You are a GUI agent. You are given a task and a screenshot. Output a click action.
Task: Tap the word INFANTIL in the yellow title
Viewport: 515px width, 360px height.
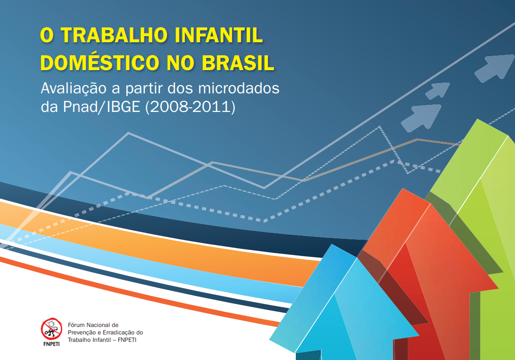coord(219,35)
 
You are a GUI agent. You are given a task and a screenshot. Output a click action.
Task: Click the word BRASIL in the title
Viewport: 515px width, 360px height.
coord(238,63)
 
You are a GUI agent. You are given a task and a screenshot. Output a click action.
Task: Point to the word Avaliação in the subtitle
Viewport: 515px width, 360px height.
coord(73,89)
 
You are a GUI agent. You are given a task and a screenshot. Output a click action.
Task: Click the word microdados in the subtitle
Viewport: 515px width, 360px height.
coord(239,88)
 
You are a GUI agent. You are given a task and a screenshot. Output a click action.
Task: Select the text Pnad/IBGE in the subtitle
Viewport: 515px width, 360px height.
coord(102,107)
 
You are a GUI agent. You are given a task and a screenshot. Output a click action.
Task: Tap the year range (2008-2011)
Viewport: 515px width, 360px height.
coord(190,107)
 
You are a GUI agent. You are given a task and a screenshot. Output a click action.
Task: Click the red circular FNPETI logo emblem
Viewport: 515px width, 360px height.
coord(52,329)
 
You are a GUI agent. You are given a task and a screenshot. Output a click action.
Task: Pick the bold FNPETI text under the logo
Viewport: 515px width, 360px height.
coord(52,344)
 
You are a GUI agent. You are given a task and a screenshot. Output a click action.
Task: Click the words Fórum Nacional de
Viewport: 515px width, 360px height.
coord(93,325)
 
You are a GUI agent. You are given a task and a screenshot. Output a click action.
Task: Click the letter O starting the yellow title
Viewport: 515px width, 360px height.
coord(47,35)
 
